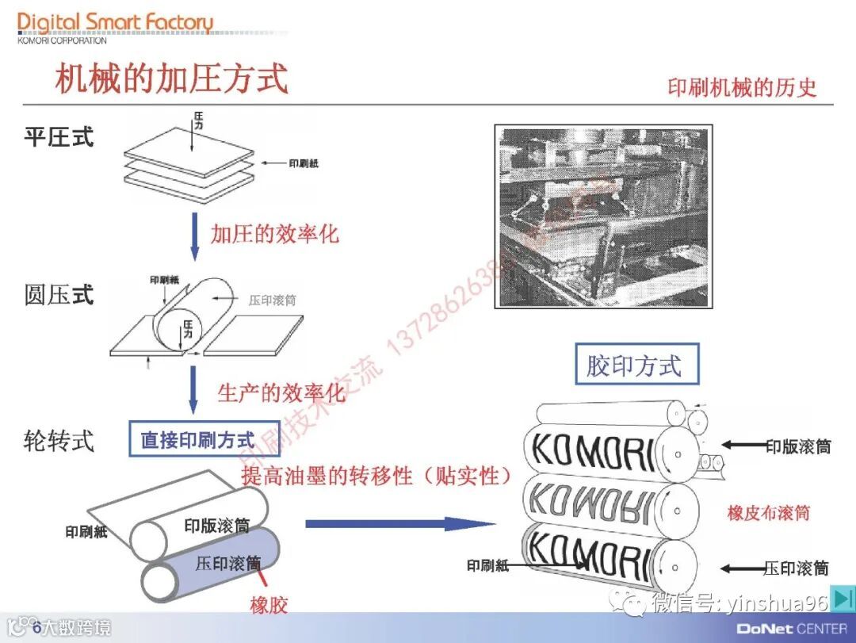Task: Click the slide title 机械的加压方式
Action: (171, 80)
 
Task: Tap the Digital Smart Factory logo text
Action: (115, 23)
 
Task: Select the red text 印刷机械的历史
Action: (741, 87)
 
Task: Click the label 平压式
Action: (59, 137)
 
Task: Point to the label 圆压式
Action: (59, 295)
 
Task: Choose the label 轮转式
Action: (59, 440)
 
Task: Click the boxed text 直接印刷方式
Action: (197, 439)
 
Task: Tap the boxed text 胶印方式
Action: (633, 366)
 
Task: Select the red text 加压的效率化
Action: (274, 234)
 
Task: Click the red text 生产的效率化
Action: (281, 392)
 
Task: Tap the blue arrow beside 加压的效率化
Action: (194, 234)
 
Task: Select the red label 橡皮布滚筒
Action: (768, 513)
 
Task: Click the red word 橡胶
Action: (269, 606)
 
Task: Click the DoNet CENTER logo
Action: (791, 629)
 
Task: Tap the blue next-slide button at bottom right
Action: (843, 600)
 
